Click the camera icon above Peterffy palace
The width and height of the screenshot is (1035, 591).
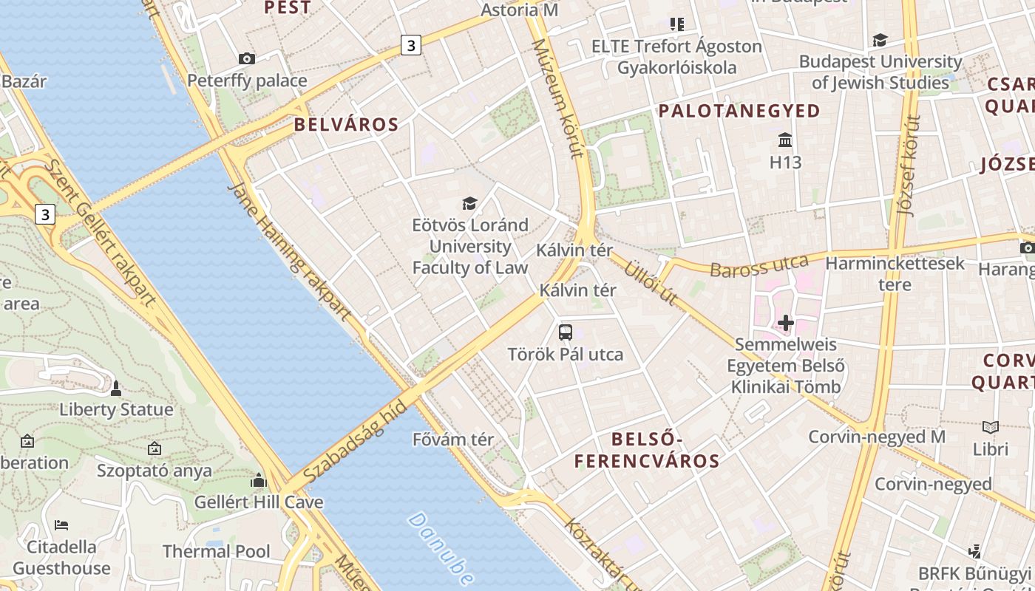(x=247, y=58)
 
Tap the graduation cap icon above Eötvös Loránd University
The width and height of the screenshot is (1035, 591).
(x=469, y=203)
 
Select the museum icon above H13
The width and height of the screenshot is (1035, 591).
(x=785, y=140)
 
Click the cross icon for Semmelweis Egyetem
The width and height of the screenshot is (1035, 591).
(x=786, y=323)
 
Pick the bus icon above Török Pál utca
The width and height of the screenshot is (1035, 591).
(x=566, y=332)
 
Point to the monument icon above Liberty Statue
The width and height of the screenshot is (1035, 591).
(x=116, y=388)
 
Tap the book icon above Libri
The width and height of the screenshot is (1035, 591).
(x=991, y=427)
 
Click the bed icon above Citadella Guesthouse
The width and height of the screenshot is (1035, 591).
(x=62, y=525)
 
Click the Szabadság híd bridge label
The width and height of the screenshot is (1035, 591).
(x=356, y=441)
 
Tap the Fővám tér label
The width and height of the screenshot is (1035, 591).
(x=453, y=440)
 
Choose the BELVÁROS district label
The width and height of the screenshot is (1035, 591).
(x=346, y=124)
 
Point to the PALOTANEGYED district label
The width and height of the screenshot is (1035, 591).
(x=739, y=111)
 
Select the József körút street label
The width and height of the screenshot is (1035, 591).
(x=908, y=165)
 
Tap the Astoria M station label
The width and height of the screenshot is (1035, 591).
(x=519, y=10)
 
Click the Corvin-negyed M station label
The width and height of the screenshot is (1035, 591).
(x=877, y=437)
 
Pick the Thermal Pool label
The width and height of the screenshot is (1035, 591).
(x=217, y=551)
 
